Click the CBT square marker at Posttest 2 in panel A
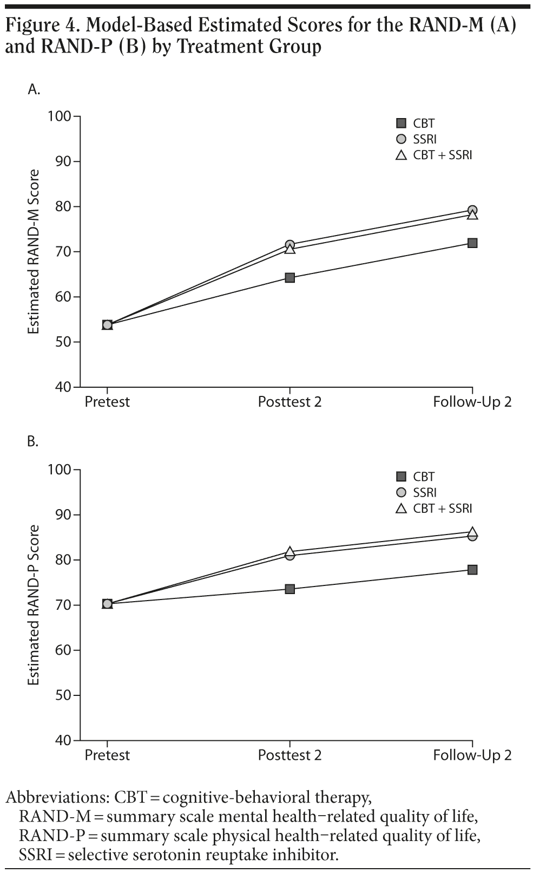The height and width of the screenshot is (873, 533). tap(289, 278)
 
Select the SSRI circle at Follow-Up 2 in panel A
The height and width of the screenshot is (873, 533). tap(472, 210)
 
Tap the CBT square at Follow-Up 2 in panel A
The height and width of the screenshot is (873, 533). tap(472, 243)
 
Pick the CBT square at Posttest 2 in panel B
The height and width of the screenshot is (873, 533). tap(289, 589)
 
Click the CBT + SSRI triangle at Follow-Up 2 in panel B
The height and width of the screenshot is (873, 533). tap(472, 532)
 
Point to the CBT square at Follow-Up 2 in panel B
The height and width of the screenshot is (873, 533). tap(472, 570)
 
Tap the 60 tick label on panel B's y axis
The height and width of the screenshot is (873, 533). tap(63, 650)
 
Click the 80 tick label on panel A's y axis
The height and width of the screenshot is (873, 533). tap(63, 207)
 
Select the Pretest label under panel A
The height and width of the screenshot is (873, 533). tap(107, 402)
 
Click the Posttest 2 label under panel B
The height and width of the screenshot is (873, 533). tap(289, 755)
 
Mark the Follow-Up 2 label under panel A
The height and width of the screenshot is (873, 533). tap(472, 402)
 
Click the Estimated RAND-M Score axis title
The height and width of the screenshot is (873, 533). tap(34, 252)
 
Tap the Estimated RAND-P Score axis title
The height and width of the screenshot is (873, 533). tap(34, 605)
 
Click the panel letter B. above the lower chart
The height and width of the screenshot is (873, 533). tap(33, 442)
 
